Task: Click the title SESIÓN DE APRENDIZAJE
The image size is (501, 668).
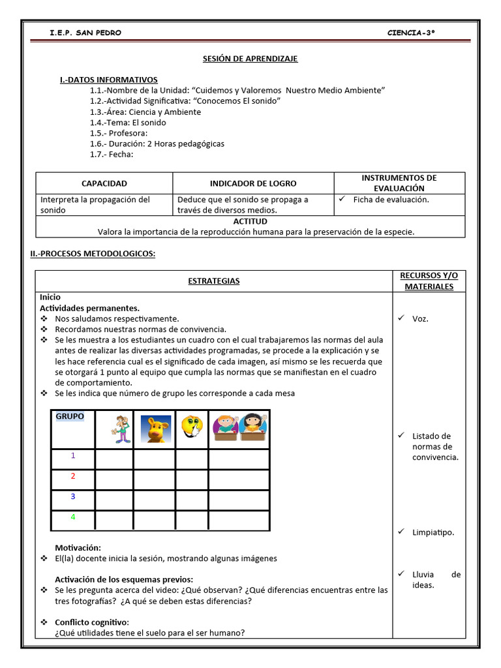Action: [x=250, y=59]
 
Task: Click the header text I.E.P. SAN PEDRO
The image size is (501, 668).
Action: [x=85, y=33]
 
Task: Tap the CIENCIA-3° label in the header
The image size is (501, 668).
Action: [x=410, y=33]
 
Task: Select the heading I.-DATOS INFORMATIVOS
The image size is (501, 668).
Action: [x=108, y=80]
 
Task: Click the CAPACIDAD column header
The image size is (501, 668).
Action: [x=104, y=184]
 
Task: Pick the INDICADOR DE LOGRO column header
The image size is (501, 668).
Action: [x=253, y=184]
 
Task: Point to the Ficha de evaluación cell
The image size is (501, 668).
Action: [x=391, y=200]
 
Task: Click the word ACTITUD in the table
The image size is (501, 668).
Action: [x=250, y=222]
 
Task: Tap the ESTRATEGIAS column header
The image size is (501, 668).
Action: [x=214, y=281]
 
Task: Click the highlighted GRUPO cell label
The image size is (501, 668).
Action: [x=70, y=416]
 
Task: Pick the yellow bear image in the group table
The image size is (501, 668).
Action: [x=155, y=429]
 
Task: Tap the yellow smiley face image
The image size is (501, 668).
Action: [x=191, y=428]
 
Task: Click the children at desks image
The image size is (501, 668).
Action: [x=238, y=428]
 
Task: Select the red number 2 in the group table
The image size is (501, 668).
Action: [x=73, y=476]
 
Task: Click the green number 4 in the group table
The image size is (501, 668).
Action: [x=73, y=517]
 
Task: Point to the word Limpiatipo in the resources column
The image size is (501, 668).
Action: [x=433, y=532]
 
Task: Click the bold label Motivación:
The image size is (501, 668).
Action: [x=78, y=548]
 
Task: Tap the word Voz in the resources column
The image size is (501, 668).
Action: [x=420, y=319]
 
